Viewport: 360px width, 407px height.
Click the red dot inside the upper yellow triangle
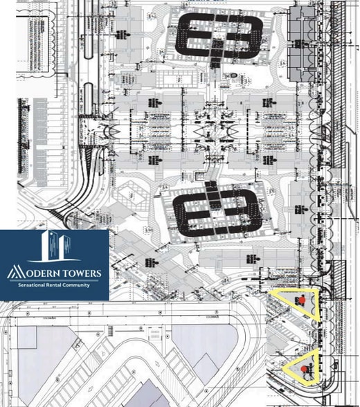coord(302,300)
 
